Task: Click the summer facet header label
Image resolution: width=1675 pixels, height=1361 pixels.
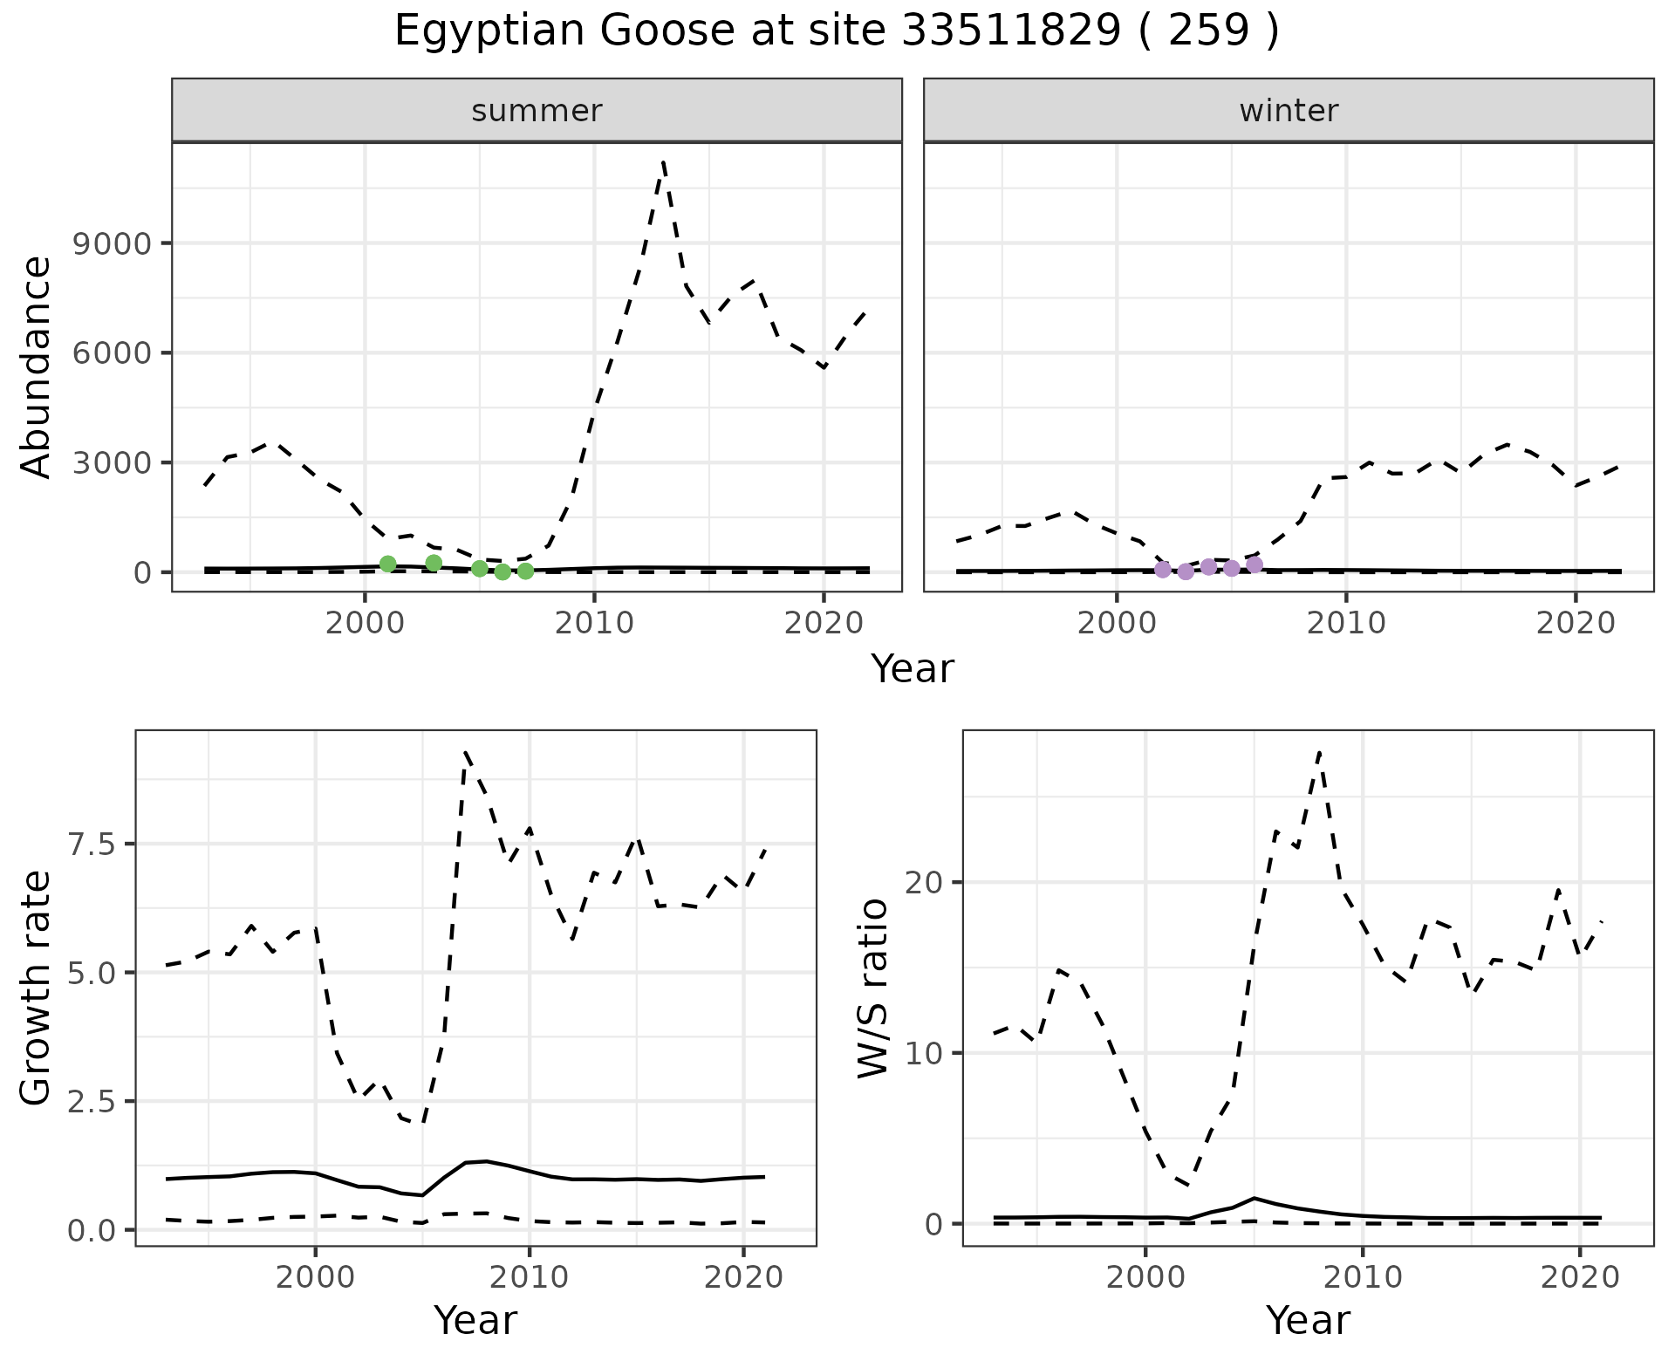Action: click(537, 111)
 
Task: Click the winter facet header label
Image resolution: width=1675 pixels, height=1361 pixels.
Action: click(1289, 111)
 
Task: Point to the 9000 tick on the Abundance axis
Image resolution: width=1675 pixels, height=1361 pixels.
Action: click(112, 243)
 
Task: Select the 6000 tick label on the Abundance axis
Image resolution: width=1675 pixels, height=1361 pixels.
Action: click(112, 353)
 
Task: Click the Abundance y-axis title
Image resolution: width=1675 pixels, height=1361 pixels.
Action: click(37, 366)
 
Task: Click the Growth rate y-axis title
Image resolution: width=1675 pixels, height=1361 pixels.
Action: click(37, 988)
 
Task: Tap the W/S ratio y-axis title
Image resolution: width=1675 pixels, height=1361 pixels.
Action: click(872, 988)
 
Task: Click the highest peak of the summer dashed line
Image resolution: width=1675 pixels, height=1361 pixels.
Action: click(664, 162)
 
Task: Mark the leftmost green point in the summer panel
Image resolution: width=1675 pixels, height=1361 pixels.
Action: click(388, 564)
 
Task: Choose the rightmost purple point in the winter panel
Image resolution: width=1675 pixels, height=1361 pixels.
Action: click(1255, 564)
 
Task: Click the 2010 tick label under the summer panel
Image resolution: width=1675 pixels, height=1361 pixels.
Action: click(594, 623)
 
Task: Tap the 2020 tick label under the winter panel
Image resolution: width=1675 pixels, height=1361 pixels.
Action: click(1575, 623)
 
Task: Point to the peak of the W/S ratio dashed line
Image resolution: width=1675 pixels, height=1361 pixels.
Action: click(1320, 751)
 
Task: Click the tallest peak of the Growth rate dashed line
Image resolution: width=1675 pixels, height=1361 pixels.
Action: click(465, 751)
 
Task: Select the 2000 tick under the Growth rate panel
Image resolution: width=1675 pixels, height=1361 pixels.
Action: click(315, 1278)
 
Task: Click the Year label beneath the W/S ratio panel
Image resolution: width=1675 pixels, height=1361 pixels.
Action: click(1308, 1321)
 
